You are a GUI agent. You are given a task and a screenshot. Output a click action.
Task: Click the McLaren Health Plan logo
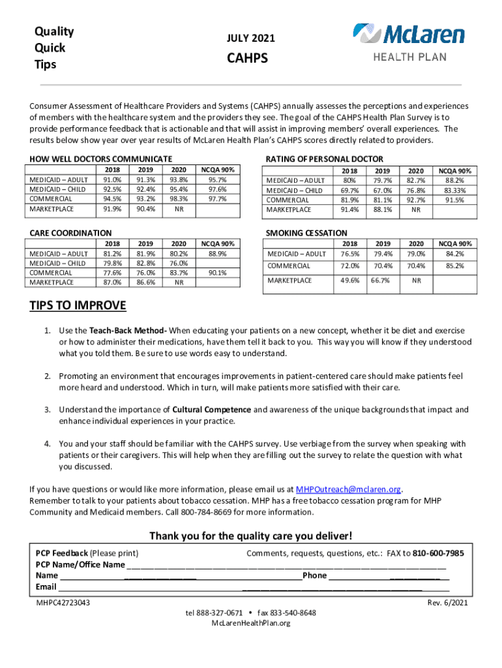click(x=409, y=42)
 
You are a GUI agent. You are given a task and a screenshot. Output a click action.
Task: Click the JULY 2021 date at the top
click(x=250, y=39)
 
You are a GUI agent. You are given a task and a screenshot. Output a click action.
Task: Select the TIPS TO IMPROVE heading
click(x=78, y=307)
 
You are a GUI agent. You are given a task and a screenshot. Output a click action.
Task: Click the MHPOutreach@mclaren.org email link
click(x=348, y=489)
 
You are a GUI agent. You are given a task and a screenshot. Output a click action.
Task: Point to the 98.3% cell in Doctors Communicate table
click(x=178, y=200)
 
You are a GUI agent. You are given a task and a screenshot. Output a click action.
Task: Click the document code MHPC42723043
click(x=63, y=603)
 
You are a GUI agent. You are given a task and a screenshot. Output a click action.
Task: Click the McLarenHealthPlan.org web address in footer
click(x=251, y=623)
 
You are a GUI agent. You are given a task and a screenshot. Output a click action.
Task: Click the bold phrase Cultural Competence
click(x=211, y=410)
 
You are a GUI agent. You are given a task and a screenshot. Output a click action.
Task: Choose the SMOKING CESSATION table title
click(x=306, y=233)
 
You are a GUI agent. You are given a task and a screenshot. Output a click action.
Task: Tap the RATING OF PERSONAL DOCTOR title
click(x=325, y=159)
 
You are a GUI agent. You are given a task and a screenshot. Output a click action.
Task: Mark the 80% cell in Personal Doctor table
click(x=349, y=181)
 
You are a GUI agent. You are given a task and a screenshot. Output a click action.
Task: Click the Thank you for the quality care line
click(x=251, y=536)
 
